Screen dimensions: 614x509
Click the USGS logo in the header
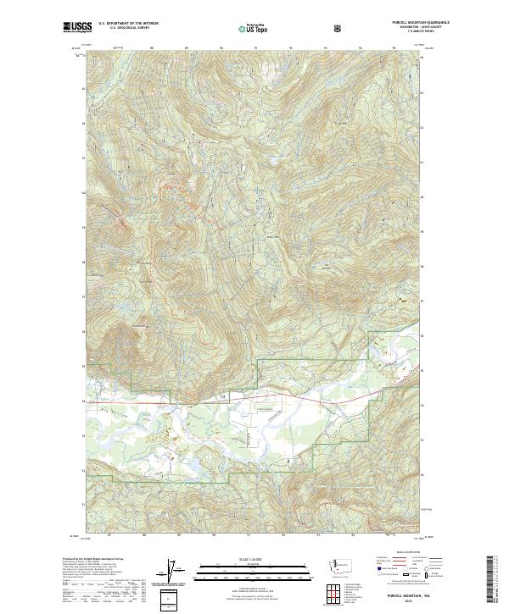(77, 28)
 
